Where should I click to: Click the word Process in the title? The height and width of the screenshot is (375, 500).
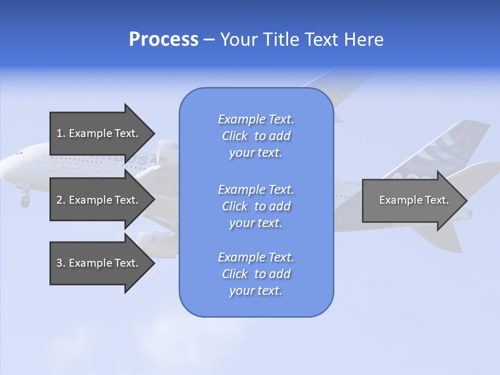tap(164, 40)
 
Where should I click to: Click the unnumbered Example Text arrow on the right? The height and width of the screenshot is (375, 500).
tap(414, 200)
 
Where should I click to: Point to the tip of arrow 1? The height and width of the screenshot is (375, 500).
tap(154, 133)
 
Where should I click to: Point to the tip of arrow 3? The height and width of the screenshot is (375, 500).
tap(154, 263)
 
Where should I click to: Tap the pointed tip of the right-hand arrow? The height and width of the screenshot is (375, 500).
tap(466, 200)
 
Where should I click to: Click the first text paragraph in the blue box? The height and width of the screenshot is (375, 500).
tap(256, 136)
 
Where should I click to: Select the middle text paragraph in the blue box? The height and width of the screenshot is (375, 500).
tap(256, 206)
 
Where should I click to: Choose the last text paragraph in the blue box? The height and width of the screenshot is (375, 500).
tap(256, 274)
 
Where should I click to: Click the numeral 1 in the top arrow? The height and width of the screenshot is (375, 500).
tap(59, 133)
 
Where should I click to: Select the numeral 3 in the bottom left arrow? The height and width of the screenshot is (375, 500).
tap(59, 263)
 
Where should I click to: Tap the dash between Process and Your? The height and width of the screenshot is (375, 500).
tap(209, 40)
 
